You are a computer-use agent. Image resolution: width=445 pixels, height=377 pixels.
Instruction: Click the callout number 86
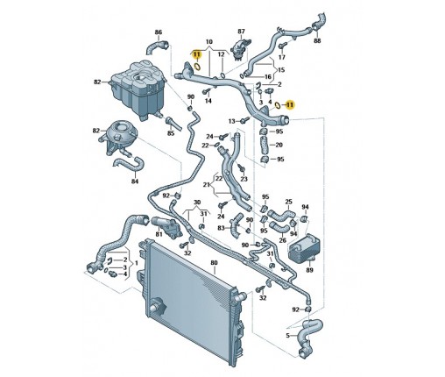(x=158, y=32)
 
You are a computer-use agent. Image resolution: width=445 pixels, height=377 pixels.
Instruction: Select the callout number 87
(x=241, y=31)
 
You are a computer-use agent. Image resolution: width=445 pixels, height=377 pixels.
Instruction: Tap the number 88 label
(x=317, y=40)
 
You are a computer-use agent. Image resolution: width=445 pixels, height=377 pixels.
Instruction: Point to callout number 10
(x=209, y=42)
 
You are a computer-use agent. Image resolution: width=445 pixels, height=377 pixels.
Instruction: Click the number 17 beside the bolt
(x=281, y=57)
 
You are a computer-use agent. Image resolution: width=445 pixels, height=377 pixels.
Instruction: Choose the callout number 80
(x=214, y=263)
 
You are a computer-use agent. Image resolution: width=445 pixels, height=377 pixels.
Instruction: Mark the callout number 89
(x=309, y=270)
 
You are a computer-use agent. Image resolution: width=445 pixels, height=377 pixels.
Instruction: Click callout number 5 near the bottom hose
(x=287, y=336)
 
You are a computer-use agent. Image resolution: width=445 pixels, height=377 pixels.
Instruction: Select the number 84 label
(x=134, y=181)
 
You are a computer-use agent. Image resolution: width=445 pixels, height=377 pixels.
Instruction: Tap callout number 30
(x=197, y=203)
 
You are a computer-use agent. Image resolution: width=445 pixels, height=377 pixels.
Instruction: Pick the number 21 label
(x=207, y=185)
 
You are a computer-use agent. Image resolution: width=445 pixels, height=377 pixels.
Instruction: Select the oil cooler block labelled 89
(x=304, y=249)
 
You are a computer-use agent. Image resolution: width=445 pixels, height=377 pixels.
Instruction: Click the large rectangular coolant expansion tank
(x=138, y=89)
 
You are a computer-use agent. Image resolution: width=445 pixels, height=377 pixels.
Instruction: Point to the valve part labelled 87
(x=240, y=49)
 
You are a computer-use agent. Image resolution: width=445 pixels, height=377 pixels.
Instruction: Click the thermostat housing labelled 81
(x=167, y=227)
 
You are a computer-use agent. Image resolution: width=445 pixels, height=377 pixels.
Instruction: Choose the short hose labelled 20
(x=264, y=145)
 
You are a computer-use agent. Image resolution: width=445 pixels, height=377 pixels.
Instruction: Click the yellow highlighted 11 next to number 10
(x=197, y=54)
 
